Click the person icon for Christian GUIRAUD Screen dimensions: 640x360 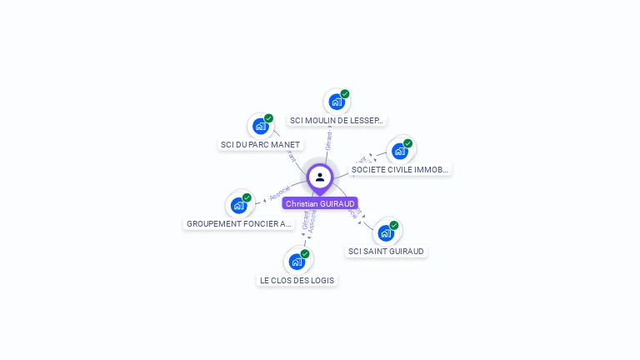(x=320, y=177)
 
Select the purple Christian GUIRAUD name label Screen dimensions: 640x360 (x=320, y=203)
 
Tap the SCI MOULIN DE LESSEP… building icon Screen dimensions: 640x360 (x=336, y=102)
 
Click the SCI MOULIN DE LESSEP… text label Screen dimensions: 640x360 (x=337, y=120)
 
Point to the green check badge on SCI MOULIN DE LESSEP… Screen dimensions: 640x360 (x=345, y=94)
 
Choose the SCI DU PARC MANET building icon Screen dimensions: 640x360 (x=261, y=127)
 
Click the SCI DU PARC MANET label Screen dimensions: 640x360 (x=260, y=144)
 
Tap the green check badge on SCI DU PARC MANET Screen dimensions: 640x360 (x=269, y=118)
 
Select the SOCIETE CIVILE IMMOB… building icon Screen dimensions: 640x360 (x=400, y=151)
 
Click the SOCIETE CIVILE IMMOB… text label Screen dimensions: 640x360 (x=400, y=169)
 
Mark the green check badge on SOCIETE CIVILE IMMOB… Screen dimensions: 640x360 (x=408, y=143)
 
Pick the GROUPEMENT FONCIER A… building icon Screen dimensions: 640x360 (x=239, y=205)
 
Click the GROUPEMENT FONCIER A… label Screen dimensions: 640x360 (x=239, y=223)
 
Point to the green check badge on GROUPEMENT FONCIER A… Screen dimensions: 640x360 (x=247, y=197)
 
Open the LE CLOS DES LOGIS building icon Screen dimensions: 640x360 (x=297, y=262)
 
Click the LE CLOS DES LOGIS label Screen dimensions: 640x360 (x=297, y=280)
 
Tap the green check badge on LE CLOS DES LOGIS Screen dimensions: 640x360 (x=305, y=253)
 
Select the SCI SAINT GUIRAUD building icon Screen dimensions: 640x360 (x=386, y=232)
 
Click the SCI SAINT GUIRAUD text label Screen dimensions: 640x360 (x=386, y=251)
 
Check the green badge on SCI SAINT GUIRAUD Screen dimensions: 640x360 (x=394, y=225)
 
